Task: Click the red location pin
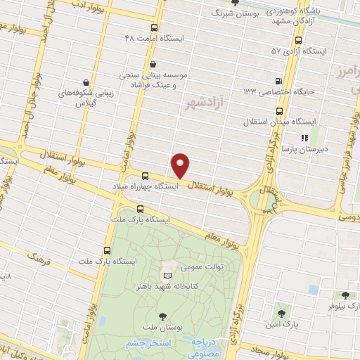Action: coord(181,165)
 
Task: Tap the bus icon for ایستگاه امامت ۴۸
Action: coord(155,27)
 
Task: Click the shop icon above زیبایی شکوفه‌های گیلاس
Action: coord(86,82)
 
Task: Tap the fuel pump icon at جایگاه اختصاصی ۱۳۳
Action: coord(278,81)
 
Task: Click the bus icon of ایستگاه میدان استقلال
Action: coord(279,111)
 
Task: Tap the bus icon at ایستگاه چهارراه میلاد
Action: coord(146,176)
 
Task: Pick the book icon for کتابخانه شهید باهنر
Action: coord(167,275)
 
